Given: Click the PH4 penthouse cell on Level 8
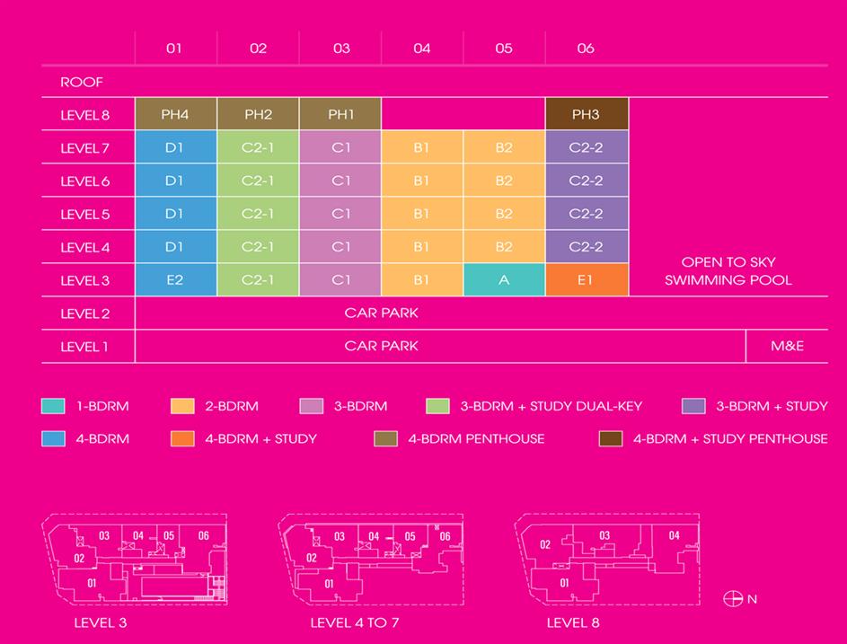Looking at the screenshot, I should click(175, 115).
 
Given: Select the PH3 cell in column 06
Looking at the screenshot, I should click(586, 115).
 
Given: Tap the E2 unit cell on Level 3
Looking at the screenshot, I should click(175, 280).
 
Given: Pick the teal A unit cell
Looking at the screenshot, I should click(504, 280).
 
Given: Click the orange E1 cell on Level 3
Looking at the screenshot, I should click(586, 280).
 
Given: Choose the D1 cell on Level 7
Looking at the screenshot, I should click(175, 148).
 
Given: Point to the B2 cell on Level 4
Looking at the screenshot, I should click(504, 247).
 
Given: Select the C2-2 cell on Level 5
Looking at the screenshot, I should click(586, 214).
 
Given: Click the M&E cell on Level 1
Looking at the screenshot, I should click(787, 346).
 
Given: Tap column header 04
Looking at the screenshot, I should click(422, 49).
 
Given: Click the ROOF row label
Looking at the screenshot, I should click(82, 83).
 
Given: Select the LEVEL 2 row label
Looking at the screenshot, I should click(84, 313).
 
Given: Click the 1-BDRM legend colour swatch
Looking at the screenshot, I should click(53, 406).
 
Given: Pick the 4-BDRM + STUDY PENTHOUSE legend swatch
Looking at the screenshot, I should click(611, 439).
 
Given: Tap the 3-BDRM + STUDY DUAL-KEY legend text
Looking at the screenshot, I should click(551, 406).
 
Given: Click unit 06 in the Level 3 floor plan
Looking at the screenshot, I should click(204, 536).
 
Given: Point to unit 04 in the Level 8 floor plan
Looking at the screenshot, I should click(674, 536).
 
